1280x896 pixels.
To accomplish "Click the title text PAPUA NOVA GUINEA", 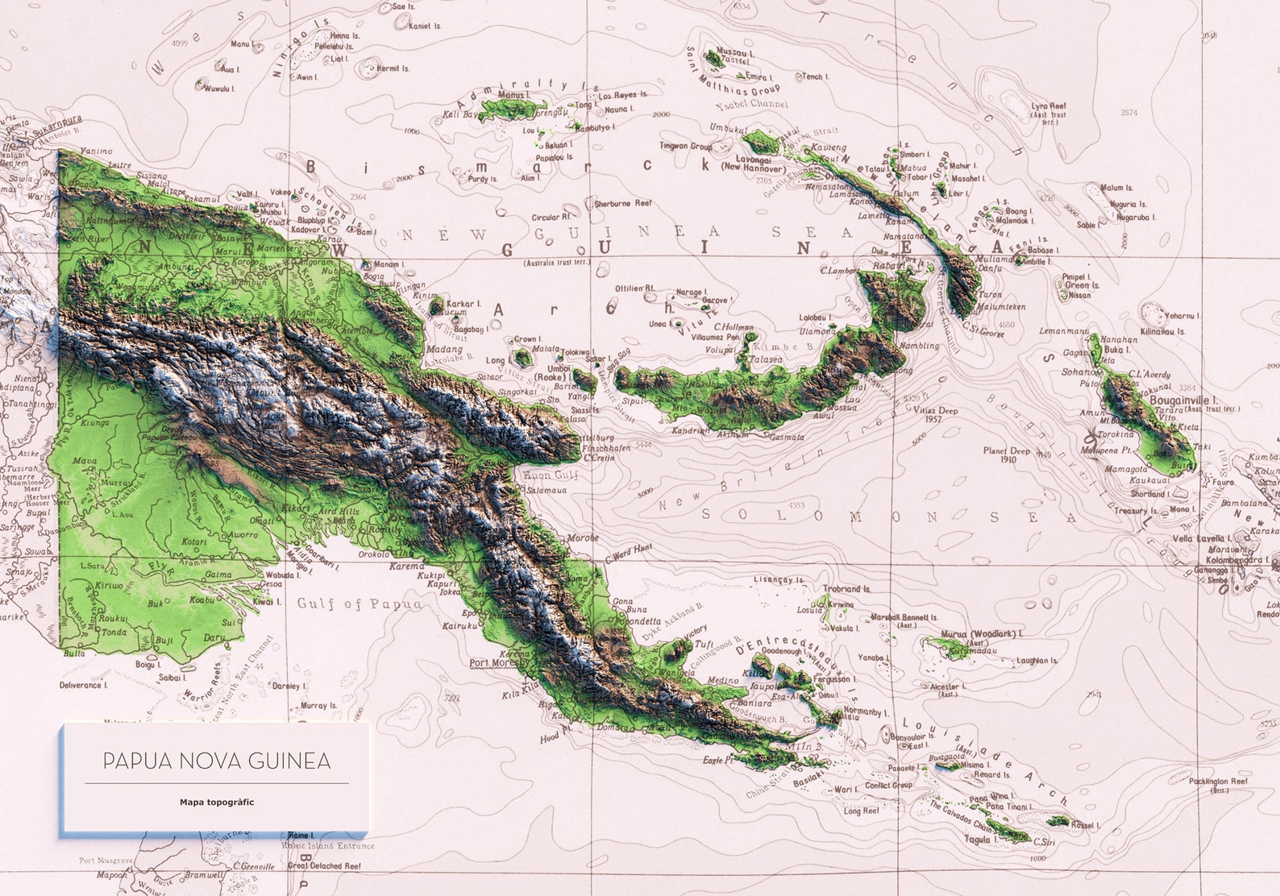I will tap(216, 761).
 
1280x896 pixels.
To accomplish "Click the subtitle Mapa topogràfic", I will tap(217, 803).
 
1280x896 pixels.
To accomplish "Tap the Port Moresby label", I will tap(500, 663).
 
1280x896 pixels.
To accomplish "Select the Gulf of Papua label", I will tap(359, 604).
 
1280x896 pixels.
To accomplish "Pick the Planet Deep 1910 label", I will tap(1005, 455).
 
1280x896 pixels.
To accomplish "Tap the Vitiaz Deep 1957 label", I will tap(936, 414).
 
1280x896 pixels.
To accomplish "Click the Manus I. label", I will tap(513, 95).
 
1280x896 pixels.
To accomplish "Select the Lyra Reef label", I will tap(1049, 106).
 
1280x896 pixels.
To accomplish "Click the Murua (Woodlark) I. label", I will tap(977, 634).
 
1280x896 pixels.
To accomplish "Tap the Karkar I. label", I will tap(463, 304).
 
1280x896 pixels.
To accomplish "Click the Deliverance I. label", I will tap(82, 685).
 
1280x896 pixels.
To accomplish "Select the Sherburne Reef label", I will tap(622, 204).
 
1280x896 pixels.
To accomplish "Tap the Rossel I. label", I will tap(1083, 825).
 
